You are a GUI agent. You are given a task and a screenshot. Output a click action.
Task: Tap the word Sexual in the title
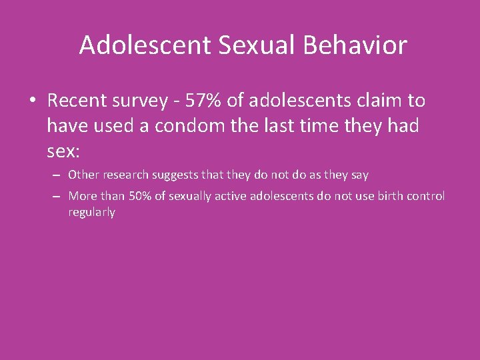[237, 45]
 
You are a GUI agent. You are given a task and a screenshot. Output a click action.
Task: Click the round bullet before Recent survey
[33, 101]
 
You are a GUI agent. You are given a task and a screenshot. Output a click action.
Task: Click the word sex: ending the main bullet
[63, 150]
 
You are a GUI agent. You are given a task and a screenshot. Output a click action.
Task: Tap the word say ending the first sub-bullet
[359, 175]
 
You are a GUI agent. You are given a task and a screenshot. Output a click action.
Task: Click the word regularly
[91, 213]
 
